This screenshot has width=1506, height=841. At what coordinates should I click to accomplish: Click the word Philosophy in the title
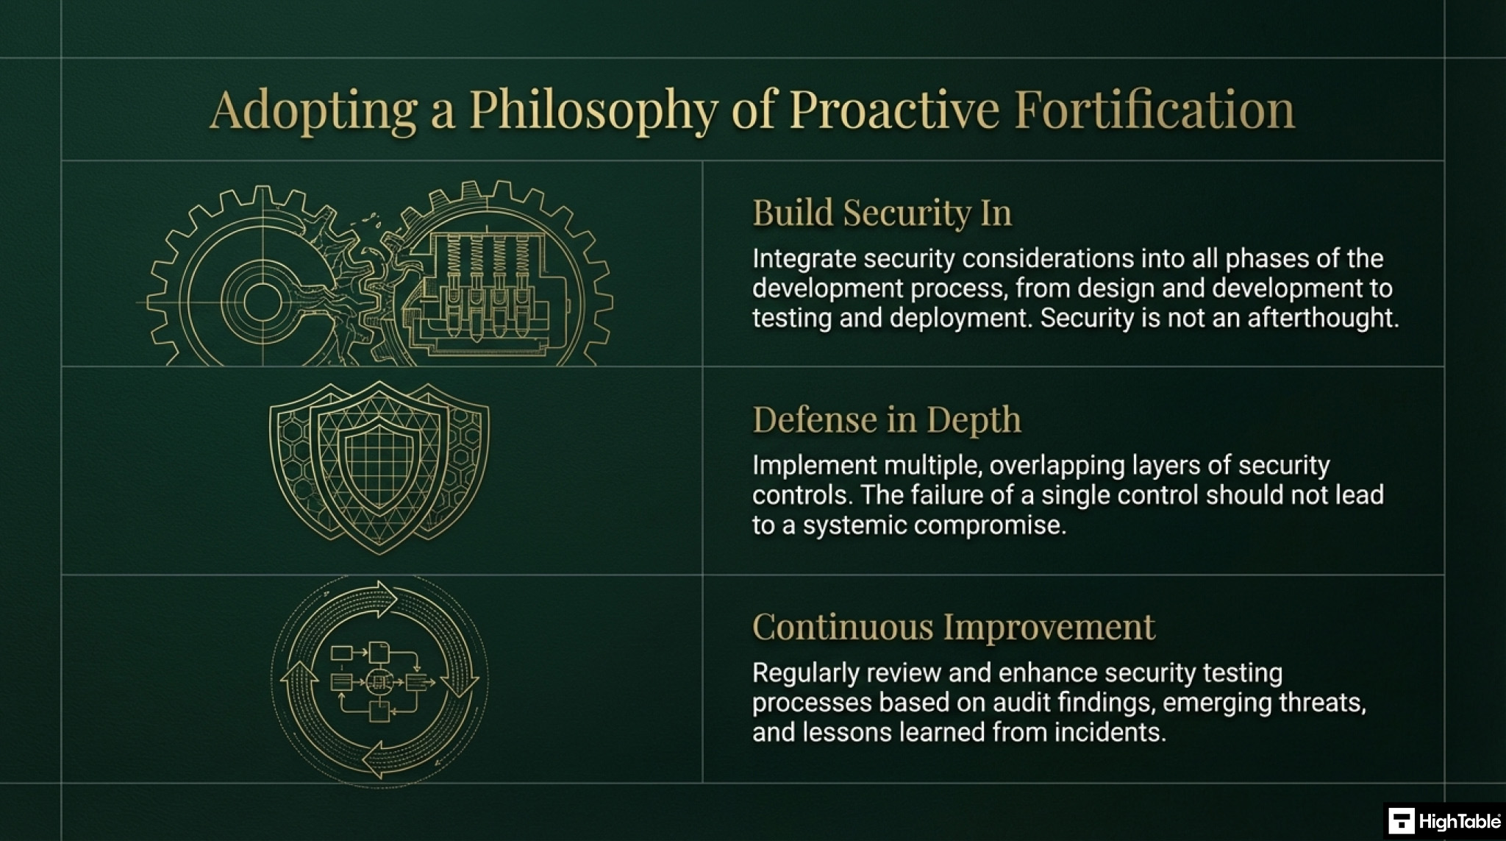593,110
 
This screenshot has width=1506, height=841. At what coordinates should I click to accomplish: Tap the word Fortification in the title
1154,109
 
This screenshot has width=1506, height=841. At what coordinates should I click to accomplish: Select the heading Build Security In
882,213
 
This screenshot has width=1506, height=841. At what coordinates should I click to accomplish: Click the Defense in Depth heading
886,419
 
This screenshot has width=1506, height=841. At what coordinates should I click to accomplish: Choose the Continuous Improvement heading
953,627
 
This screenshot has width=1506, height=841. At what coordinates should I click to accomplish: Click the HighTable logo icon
1402,820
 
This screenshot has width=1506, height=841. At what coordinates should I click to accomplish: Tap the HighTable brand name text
1459,821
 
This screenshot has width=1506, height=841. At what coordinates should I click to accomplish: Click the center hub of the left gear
262,301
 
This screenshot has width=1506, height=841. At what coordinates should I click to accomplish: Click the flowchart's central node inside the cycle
379,682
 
